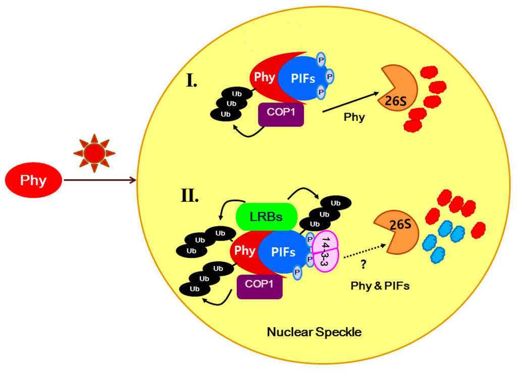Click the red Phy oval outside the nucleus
coord(33,180)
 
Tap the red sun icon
coord(94,152)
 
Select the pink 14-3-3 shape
coord(325,248)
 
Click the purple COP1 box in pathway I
coord(281,114)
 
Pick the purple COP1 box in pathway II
coord(260,285)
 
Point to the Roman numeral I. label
coord(191,80)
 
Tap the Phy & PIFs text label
coord(380,286)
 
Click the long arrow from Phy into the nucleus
coord(100,180)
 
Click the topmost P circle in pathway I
coord(321,60)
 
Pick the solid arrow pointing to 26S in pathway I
coord(350,101)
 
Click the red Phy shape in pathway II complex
coord(244,251)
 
